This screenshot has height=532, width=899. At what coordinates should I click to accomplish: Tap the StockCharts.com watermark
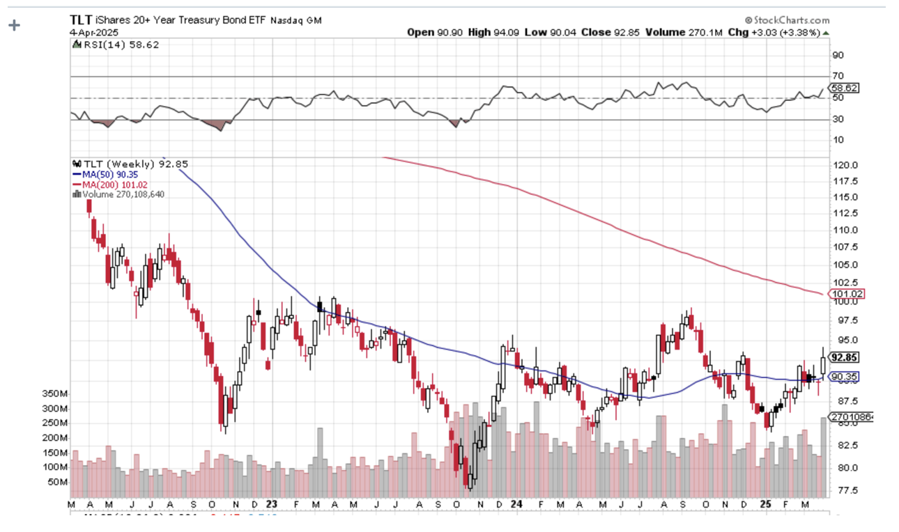coord(787,20)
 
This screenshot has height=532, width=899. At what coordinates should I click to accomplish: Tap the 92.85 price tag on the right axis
coord(844,357)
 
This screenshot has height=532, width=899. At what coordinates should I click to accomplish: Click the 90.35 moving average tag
coord(844,377)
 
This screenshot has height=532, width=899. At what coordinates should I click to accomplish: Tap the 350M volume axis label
coord(54,393)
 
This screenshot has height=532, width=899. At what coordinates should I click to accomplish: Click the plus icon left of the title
coord(14,25)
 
